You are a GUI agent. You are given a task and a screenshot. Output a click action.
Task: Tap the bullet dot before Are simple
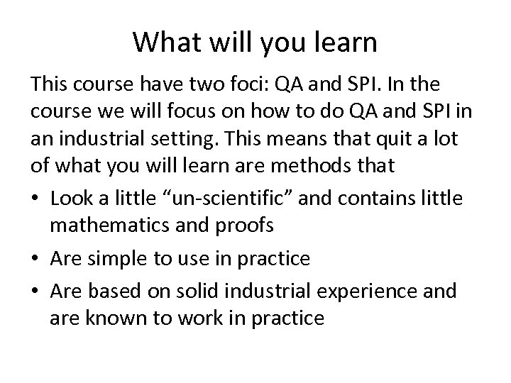[35, 258]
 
